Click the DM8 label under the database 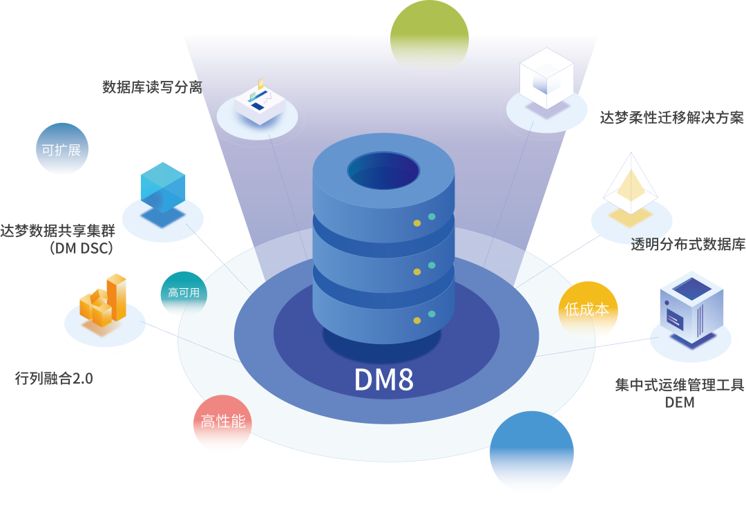384,379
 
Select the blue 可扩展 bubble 62,149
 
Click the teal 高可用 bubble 184,292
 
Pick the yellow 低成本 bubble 587,309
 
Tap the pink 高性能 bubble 222,422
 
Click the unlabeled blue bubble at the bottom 531,453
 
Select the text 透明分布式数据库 688,245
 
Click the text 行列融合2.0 54,379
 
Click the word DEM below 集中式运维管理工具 679,402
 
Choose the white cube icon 546,77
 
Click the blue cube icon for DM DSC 163,187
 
